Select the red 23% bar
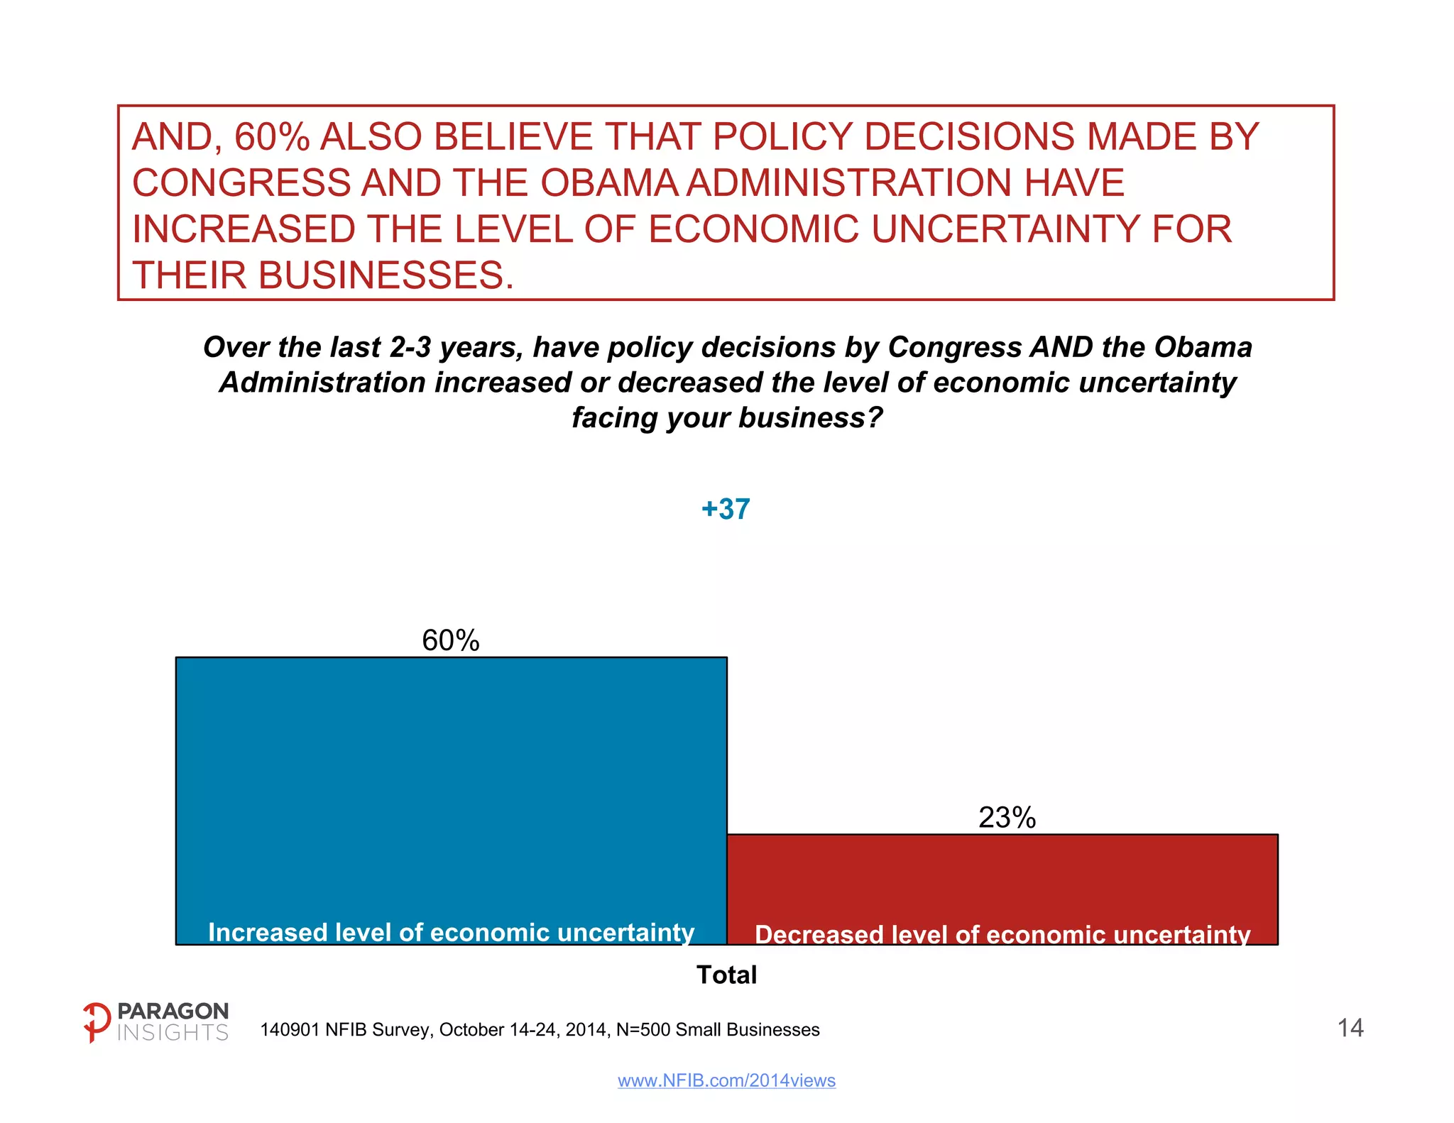[x=1002, y=880]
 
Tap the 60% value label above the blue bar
[x=451, y=640]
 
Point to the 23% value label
[x=1007, y=818]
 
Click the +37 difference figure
[x=726, y=509]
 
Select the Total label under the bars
[x=726, y=975]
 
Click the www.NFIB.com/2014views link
[x=726, y=1080]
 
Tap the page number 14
[x=1350, y=1028]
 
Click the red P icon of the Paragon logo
[x=97, y=1022]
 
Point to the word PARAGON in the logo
[x=173, y=1011]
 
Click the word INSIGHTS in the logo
[x=173, y=1033]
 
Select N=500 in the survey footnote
[x=643, y=1030]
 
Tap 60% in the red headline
[x=273, y=137]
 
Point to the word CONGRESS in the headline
[x=241, y=183]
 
